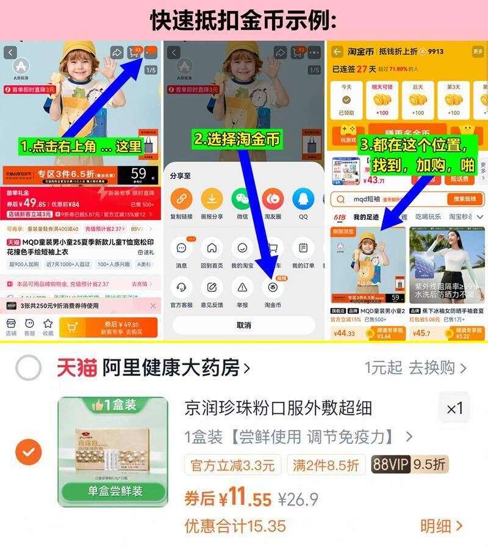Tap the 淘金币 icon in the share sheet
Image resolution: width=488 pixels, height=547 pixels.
[273, 286]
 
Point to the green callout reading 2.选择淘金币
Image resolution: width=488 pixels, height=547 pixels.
[237, 139]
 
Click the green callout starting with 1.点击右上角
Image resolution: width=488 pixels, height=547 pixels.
[81, 147]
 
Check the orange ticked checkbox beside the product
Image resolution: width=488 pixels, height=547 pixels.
[28, 452]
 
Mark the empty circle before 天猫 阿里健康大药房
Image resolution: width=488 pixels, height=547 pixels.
[28, 368]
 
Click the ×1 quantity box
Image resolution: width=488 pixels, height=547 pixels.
[454, 408]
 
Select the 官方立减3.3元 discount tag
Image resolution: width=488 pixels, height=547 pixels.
[233, 465]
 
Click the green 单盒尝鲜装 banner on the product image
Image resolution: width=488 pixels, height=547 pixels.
[113, 491]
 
